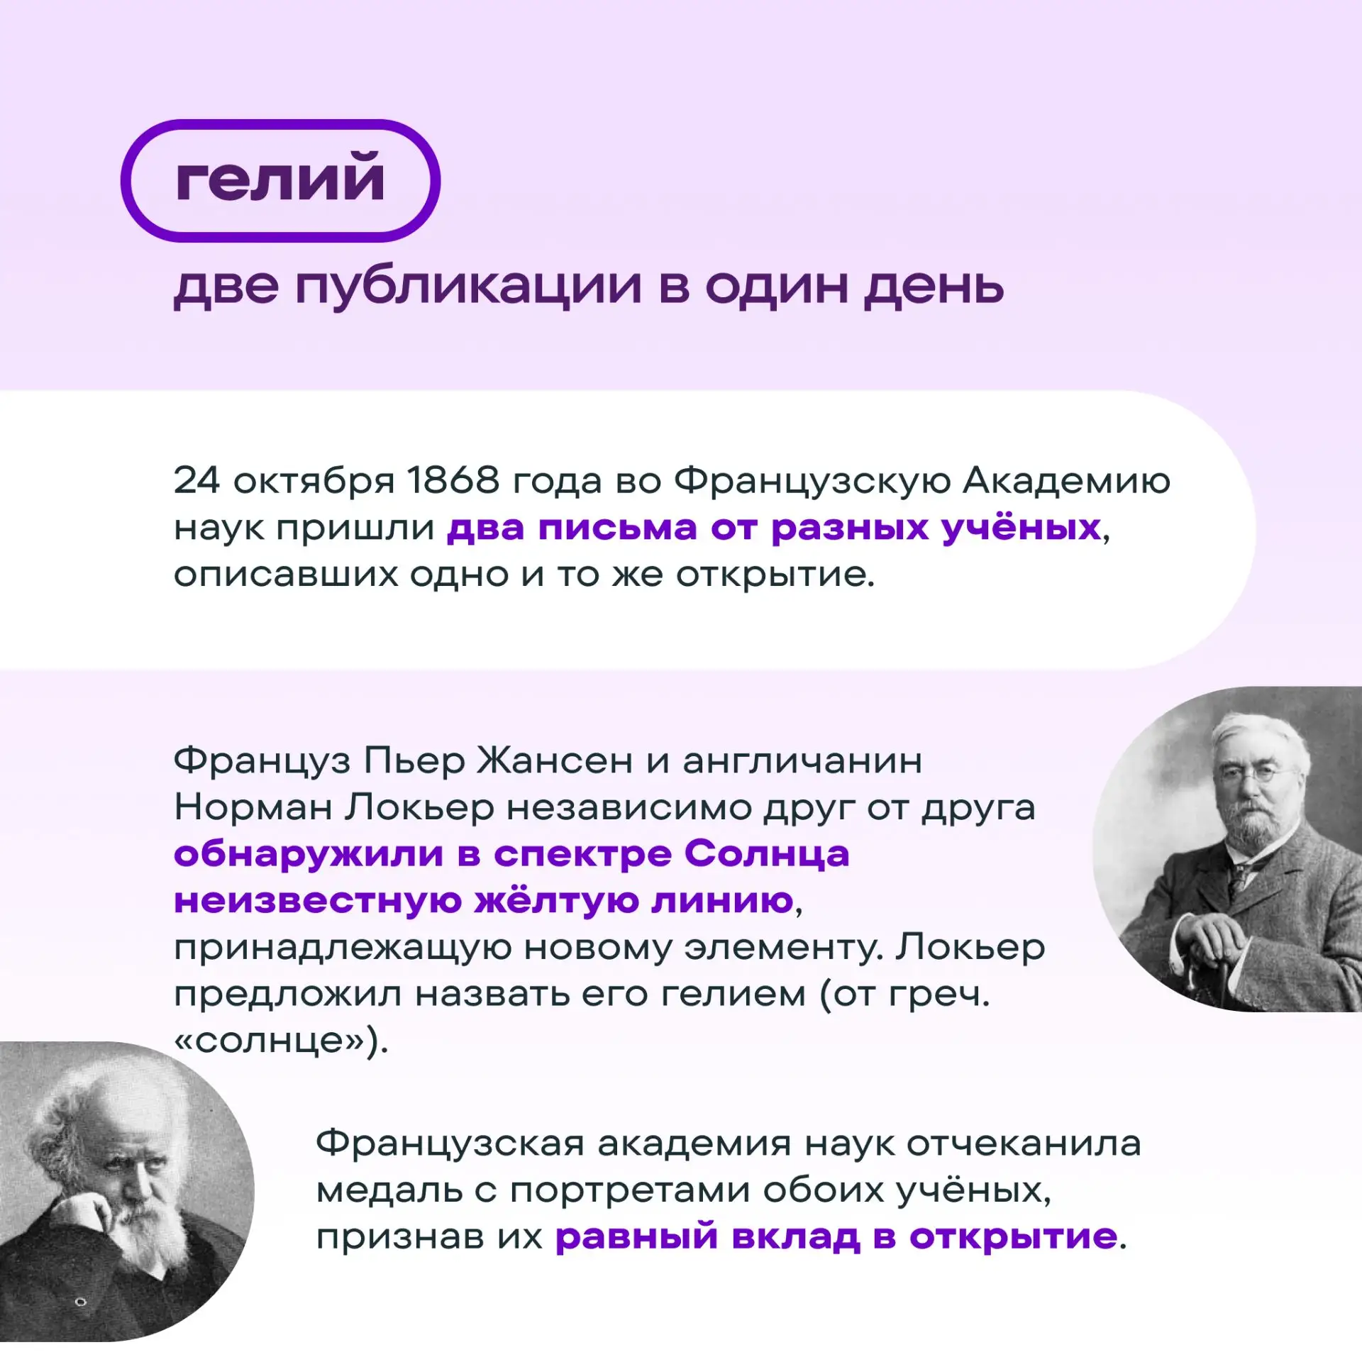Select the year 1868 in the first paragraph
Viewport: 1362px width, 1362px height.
(453, 480)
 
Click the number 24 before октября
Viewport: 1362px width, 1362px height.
(196, 480)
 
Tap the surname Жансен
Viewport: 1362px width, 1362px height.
(554, 760)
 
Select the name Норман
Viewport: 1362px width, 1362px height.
(253, 807)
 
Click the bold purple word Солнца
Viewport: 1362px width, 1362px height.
(767, 854)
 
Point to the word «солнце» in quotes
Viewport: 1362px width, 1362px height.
(270, 1041)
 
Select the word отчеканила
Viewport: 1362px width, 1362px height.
(1024, 1144)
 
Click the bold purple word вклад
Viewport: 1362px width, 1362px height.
(796, 1237)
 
